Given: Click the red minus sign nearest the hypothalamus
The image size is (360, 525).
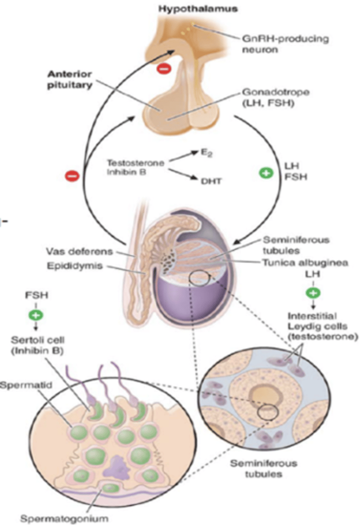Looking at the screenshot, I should tap(163, 69).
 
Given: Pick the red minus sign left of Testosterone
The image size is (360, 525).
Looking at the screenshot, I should tap(72, 176).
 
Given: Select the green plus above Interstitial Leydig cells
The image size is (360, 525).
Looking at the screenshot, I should tap(312, 293).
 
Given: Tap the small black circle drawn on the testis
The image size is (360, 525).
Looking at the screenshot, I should tap(200, 278).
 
